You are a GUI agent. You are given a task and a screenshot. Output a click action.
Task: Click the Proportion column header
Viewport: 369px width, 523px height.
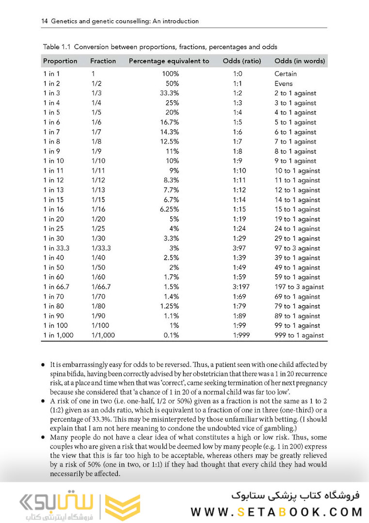point(60,61)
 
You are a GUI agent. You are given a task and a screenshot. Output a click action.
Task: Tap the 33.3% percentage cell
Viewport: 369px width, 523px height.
point(170,93)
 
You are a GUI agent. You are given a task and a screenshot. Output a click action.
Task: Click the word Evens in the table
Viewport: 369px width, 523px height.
point(284,83)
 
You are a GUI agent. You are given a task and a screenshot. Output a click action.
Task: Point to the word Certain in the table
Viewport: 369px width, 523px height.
point(286,74)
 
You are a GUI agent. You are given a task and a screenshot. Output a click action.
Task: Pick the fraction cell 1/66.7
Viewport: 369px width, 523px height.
point(101,286)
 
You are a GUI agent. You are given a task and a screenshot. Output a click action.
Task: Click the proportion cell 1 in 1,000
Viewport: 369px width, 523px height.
point(59,335)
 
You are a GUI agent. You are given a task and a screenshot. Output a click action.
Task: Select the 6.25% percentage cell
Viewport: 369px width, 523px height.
point(169,209)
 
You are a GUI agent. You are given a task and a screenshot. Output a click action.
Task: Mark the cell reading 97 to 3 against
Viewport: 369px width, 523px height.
point(297,248)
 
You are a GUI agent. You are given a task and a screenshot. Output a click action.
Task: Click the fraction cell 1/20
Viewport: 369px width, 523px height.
point(97,219)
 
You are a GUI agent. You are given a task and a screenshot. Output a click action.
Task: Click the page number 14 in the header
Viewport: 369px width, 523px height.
point(44,21)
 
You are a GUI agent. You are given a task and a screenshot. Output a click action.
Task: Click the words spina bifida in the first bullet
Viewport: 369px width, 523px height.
point(67,374)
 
